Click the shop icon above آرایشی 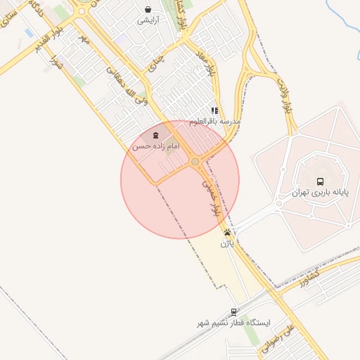point(148,9)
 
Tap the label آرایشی point(148,20)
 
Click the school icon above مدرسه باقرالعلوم point(215,110)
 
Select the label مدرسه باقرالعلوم point(215,121)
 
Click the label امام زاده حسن point(156,146)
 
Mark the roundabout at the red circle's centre point(195,162)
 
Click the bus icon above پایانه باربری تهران point(320,181)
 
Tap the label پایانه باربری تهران point(321,192)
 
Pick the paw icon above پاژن point(227,233)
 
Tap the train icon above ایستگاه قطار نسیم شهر point(234,311)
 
